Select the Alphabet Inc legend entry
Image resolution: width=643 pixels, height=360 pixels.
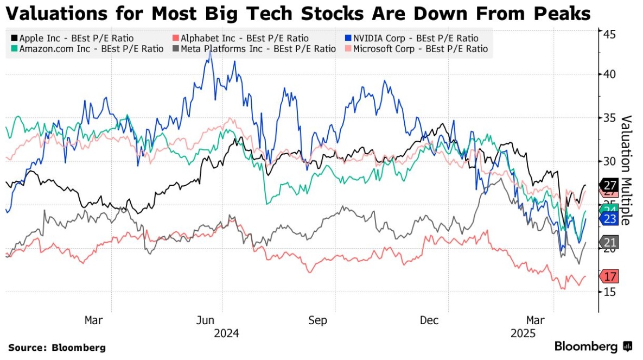point(240,38)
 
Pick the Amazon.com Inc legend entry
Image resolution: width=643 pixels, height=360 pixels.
point(86,49)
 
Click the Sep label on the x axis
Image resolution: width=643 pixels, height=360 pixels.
point(318,320)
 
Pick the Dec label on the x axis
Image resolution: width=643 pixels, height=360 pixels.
point(429,320)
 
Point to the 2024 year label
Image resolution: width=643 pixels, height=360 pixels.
point(226,333)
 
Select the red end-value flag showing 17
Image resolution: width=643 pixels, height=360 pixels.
point(609,276)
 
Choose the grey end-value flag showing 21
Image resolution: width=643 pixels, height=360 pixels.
point(609,243)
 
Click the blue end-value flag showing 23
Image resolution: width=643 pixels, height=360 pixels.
point(609,219)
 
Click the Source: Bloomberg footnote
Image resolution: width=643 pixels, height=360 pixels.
point(56,348)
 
